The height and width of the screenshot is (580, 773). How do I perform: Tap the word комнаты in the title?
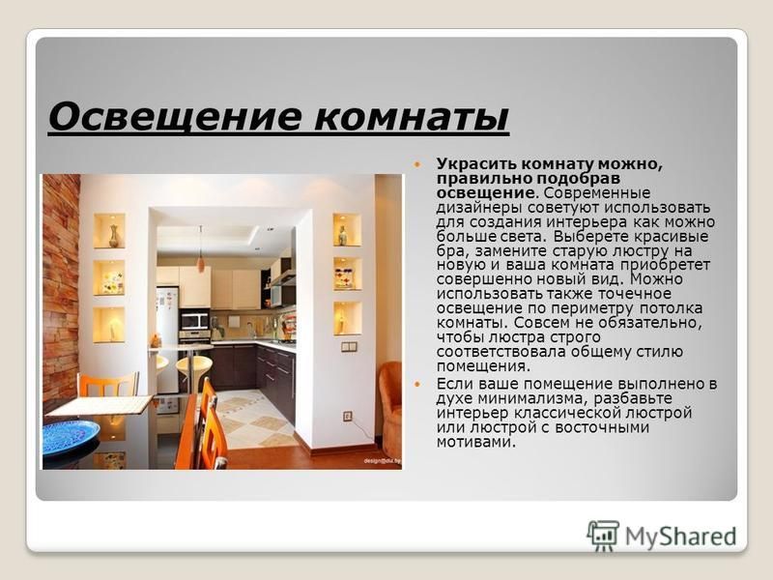(412, 118)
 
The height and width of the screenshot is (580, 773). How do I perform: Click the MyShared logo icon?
(603, 536)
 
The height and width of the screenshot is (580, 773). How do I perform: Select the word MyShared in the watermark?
(680, 536)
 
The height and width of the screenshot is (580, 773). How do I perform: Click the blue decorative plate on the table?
(70, 436)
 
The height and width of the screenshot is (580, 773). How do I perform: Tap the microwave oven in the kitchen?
(195, 321)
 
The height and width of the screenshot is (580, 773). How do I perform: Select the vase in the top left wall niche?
(114, 236)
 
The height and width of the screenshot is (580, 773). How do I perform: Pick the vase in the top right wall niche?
(342, 236)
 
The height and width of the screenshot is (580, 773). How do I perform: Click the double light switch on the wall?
(349, 347)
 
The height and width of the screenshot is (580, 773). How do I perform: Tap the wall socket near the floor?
(348, 417)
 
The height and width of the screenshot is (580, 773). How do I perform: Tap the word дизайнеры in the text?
(477, 208)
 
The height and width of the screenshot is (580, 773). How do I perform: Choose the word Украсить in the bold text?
(474, 164)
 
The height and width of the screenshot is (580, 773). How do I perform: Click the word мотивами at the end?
(475, 442)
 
